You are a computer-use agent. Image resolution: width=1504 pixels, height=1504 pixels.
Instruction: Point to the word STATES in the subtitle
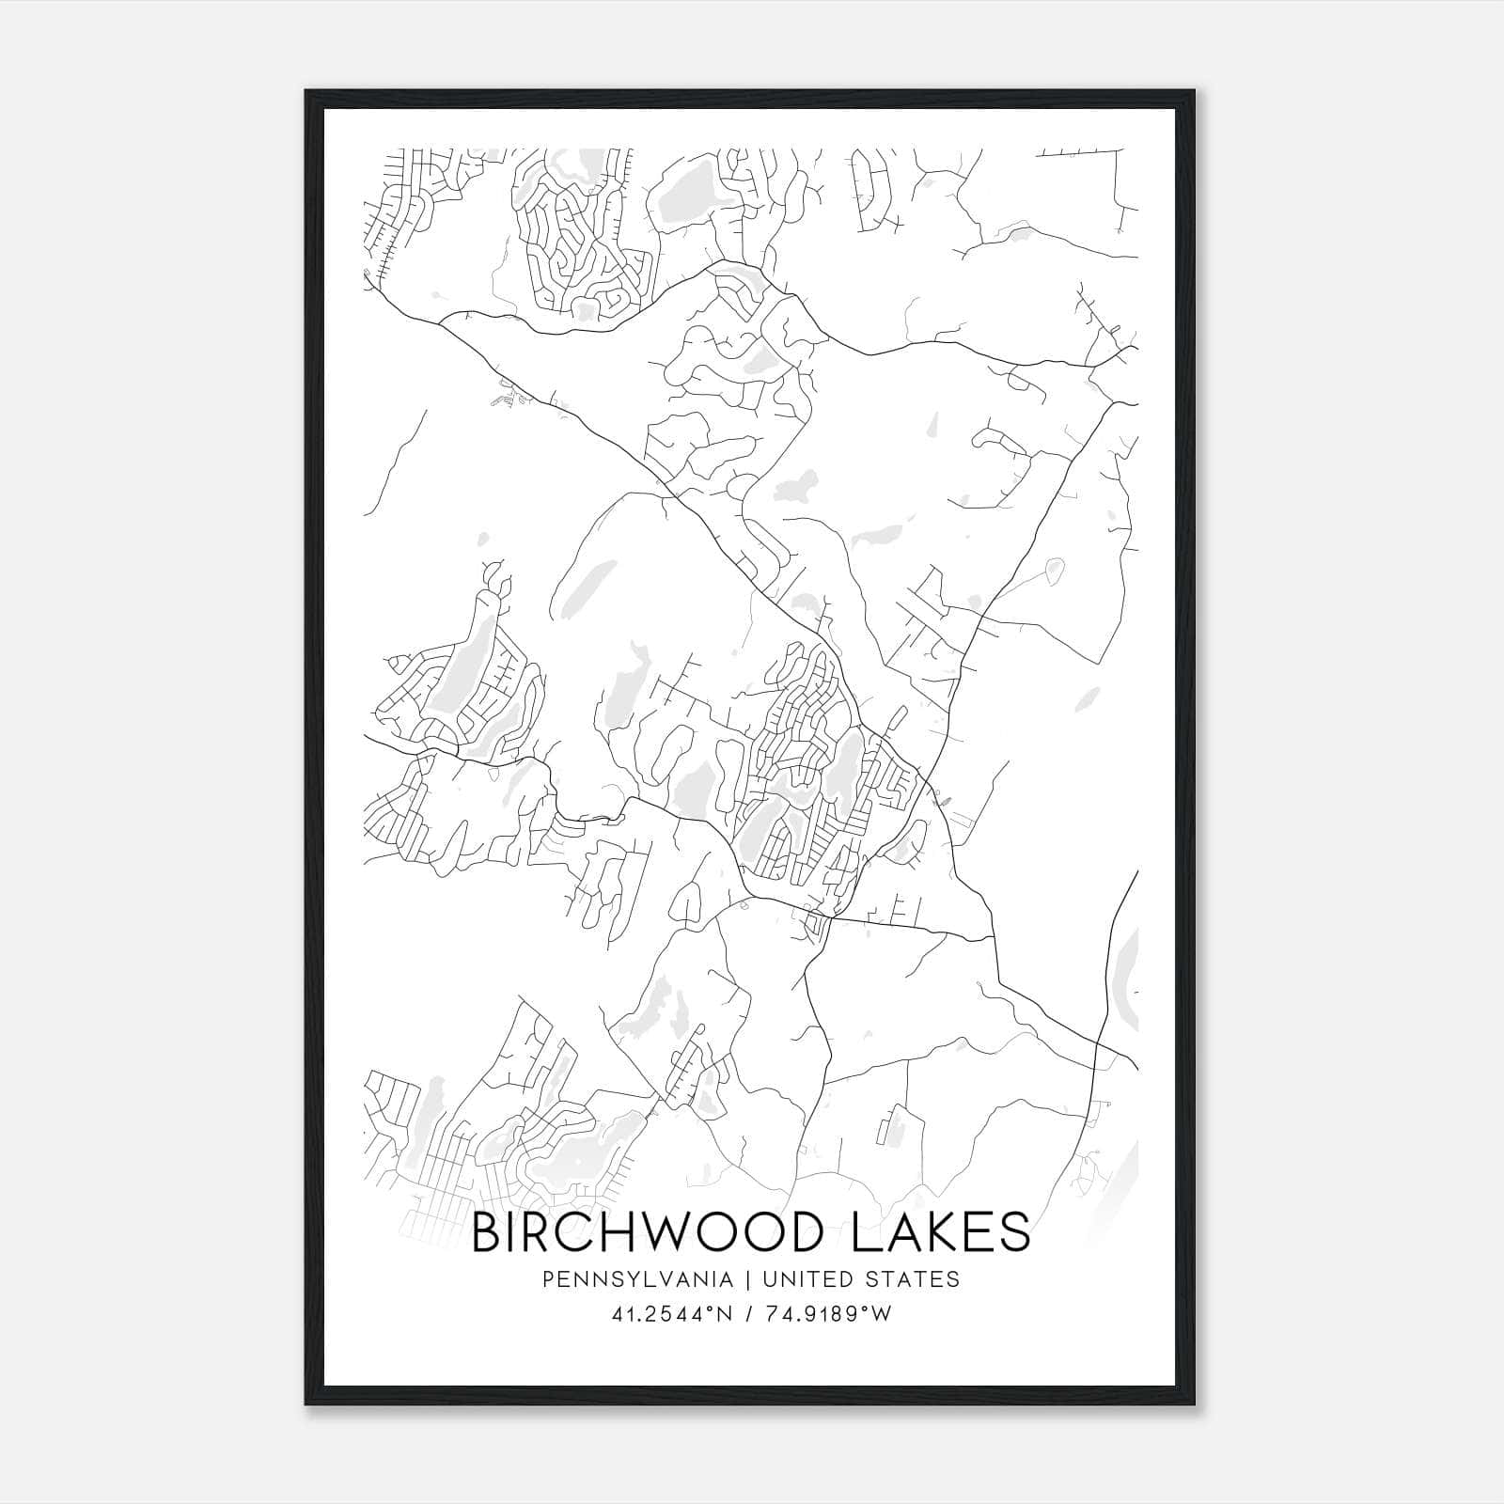[x=913, y=1279]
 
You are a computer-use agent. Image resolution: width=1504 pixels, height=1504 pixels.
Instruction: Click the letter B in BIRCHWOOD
[x=486, y=1232]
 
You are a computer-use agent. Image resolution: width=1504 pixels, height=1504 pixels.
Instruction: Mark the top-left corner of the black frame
[x=306, y=91]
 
